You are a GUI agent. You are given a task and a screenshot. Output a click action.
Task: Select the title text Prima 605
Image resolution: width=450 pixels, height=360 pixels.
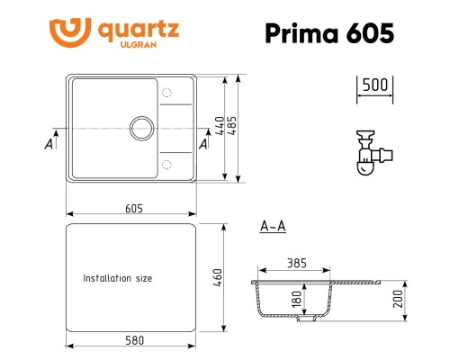pyautogui.click(x=328, y=33)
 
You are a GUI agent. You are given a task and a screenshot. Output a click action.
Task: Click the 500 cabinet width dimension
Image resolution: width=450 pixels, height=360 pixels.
pyautogui.click(x=373, y=85)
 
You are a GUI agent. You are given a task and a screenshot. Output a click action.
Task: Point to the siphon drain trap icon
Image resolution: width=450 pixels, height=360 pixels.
pyautogui.click(x=366, y=153)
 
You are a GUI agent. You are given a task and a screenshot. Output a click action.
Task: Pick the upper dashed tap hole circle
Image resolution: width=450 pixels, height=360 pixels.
pyautogui.click(x=166, y=94)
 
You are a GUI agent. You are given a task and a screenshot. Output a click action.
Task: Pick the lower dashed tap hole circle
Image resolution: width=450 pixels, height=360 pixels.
pyautogui.click(x=166, y=164)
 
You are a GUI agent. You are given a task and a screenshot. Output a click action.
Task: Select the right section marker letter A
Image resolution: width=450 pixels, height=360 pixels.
pyautogui.click(x=203, y=144)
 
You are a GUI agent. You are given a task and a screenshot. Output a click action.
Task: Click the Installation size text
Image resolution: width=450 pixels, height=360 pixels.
pyautogui.click(x=117, y=279)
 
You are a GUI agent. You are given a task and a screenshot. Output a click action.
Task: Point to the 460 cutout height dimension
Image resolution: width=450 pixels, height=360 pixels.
pyautogui.click(x=218, y=278)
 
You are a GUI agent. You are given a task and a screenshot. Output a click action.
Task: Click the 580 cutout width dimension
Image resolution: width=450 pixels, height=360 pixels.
pyautogui.click(x=134, y=341)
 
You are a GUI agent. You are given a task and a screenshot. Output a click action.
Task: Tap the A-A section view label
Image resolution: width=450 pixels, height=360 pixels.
pyautogui.click(x=272, y=226)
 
